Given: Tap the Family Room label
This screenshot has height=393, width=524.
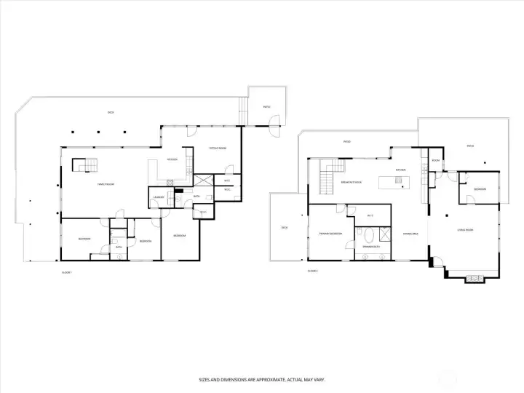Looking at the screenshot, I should point(108,185).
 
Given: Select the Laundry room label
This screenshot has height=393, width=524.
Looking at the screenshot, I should point(158,197).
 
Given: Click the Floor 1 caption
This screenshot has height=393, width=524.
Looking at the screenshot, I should point(67,271).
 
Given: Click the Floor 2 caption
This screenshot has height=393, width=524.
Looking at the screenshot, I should point(312,271).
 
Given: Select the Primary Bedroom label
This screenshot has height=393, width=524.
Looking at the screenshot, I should point(330,234).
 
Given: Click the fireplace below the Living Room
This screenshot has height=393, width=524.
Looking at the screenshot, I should point(474,277).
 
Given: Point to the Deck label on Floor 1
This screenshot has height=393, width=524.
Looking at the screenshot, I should point(111,113).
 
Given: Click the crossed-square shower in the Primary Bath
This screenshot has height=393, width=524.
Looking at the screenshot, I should point(382,236).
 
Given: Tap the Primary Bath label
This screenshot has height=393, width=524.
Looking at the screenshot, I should point(372,247).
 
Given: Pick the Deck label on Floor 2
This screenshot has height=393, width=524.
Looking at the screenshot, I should point(285,228).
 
